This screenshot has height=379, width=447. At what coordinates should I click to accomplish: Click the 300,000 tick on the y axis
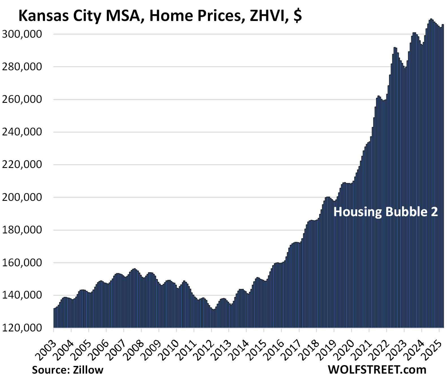(22, 34)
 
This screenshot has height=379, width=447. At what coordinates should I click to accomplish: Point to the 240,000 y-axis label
(22, 132)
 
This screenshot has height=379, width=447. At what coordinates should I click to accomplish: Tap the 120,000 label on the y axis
(22, 328)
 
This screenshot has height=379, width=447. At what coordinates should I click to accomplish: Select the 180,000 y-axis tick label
(22, 230)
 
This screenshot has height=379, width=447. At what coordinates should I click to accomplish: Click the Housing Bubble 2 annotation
(385, 212)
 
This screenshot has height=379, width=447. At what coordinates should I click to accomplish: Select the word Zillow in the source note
(88, 370)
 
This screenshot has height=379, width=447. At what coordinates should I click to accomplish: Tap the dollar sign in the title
(298, 16)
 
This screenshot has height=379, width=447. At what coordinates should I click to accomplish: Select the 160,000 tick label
(22, 263)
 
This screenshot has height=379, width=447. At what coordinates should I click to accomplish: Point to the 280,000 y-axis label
(22, 67)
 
